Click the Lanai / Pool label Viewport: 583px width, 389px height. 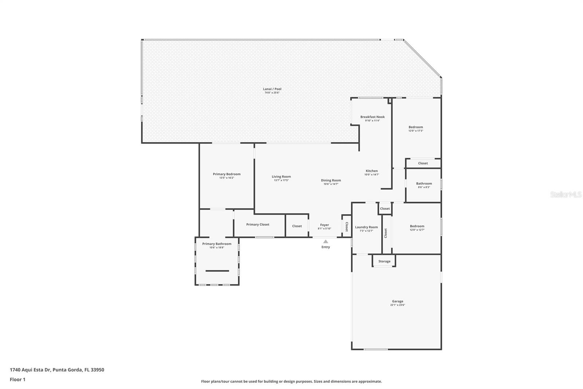point(272,89)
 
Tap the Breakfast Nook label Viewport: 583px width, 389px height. point(372,117)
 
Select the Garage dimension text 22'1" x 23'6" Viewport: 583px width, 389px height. point(398,305)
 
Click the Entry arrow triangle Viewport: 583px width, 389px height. point(325,242)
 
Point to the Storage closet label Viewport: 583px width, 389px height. point(384,261)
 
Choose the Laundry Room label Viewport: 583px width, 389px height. point(366,227)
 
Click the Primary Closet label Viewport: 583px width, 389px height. point(258,224)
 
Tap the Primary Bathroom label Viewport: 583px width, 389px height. point(217,244)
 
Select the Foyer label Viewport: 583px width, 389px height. point(324,225)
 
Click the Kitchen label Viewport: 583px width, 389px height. point(372,171)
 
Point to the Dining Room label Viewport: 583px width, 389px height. point(331,180)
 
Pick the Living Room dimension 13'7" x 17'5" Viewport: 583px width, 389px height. point(281,180)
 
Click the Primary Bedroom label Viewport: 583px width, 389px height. point(227,174)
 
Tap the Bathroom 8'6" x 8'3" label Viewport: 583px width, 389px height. point(424,184)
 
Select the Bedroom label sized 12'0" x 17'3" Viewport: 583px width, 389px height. point(416,127)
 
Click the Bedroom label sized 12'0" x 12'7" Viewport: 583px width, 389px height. point(417,226)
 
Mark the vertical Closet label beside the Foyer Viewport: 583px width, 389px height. point(346,227)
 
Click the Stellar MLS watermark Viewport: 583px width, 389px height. point(566,195)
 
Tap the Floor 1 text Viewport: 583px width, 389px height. point(17,380)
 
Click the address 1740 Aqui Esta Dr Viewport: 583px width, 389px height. point(31,370)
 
